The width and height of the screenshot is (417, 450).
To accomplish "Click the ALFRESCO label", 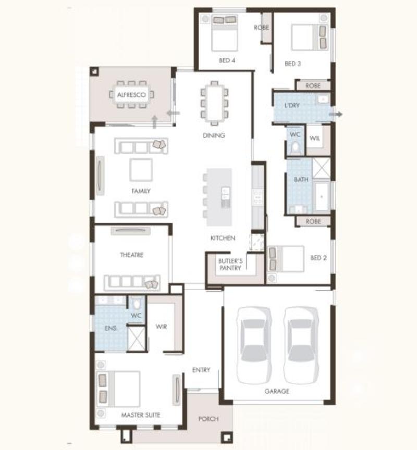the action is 131,95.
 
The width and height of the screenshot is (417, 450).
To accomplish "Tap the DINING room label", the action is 214,135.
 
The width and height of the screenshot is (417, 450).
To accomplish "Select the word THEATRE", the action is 131,255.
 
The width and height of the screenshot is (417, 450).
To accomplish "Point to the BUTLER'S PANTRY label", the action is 230,264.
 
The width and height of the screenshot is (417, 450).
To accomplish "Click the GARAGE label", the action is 277,391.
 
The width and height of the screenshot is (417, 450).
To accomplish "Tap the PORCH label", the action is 208,419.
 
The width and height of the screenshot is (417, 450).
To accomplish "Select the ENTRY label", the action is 201,370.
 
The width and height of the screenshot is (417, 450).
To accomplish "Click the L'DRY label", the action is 292,105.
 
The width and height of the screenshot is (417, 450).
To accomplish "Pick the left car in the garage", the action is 254,345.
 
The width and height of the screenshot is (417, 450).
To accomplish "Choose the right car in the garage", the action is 301,345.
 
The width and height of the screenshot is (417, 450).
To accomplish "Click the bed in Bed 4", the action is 225,33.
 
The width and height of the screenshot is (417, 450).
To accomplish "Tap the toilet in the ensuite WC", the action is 137,304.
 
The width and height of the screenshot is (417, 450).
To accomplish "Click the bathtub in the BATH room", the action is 322,196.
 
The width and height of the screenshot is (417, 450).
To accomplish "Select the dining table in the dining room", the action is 214,103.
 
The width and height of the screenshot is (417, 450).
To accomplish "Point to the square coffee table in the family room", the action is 141,170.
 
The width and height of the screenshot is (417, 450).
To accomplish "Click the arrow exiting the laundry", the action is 336,114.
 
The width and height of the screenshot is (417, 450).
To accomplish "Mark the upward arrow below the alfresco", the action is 155,122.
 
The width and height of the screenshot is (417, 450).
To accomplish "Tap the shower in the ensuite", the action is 136,339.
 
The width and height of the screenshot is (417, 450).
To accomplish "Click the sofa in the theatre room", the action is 132,282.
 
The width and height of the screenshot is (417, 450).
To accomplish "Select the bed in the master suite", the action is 118,389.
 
